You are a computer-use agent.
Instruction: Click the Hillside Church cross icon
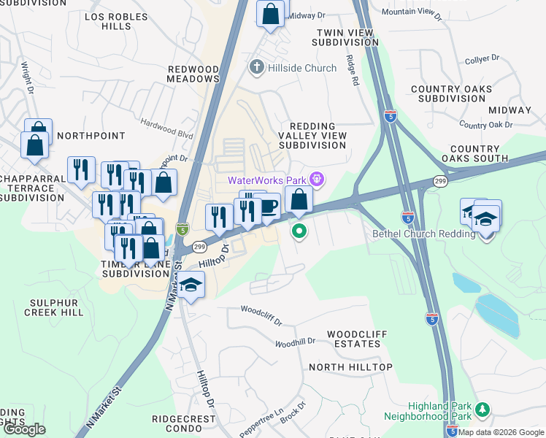[x=256, y=68]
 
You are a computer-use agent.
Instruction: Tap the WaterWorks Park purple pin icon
[x=316, y=179]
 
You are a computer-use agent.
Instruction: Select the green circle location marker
[x=299, y=232]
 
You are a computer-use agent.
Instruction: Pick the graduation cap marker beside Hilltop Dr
[x=191, y=285]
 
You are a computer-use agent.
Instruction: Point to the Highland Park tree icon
[x=481, y=407]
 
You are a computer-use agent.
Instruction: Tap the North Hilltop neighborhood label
[x=350, y=366]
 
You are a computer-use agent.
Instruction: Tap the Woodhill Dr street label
[x=295, y=342]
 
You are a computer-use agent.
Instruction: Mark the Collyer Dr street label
[x=482, y=58]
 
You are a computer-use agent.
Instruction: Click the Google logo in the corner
[x=24, y=429]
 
